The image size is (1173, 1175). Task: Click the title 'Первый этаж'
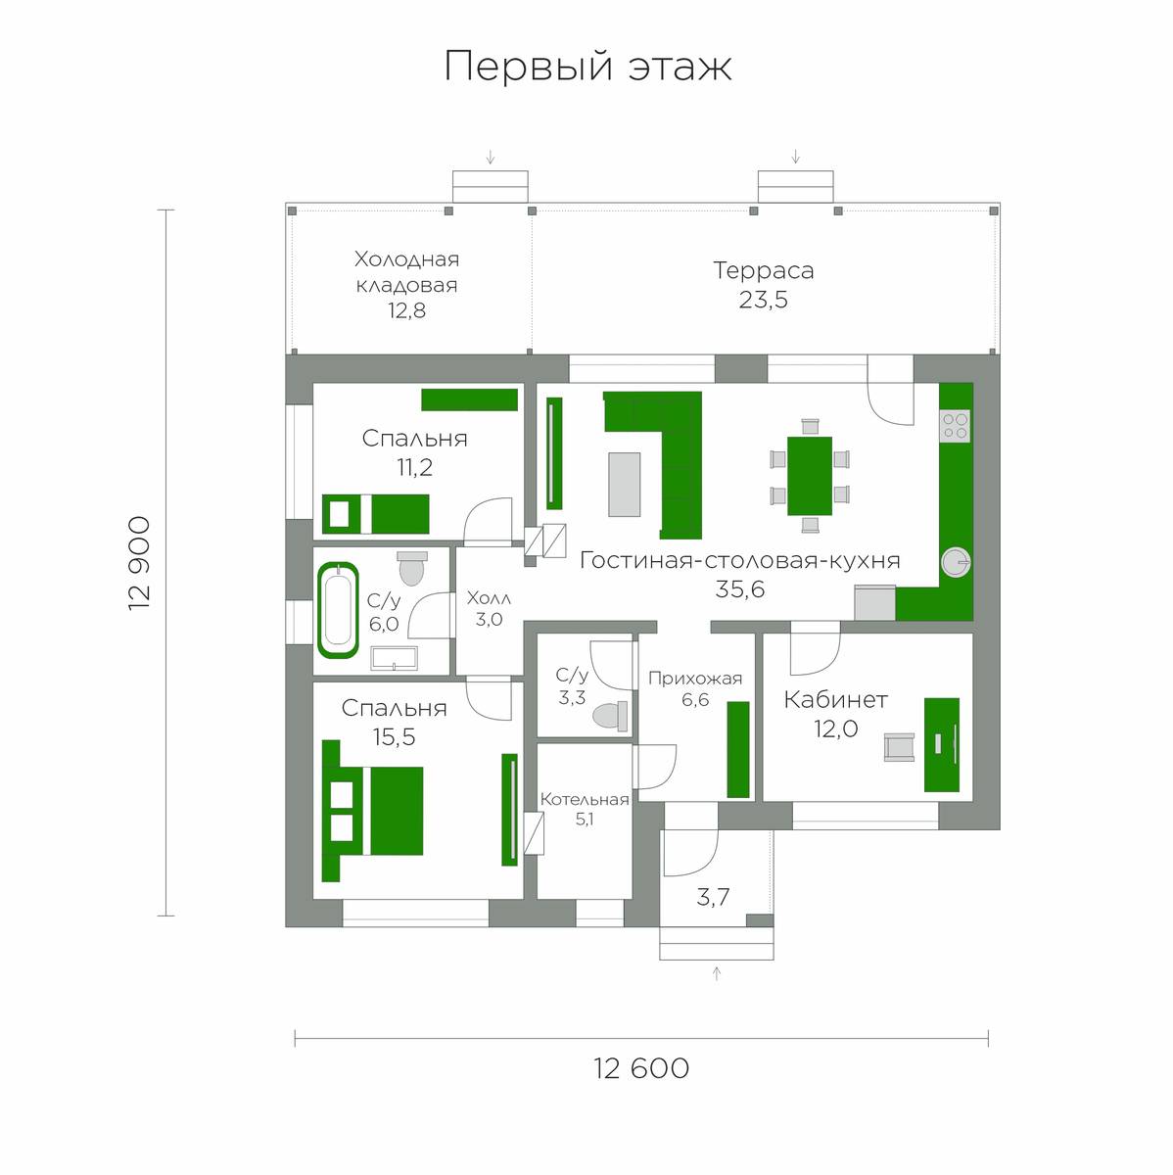(x=587, y=66)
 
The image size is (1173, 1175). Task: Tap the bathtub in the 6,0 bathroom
(x=338, y=610)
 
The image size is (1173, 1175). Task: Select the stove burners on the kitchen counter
(x=956, y=426)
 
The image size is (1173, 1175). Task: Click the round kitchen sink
(x=956, y=562)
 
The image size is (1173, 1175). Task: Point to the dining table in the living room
(x=810, y=476)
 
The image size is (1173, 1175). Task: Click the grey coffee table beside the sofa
(x=624, y=484)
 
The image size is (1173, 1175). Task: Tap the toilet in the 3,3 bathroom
(x=611, y=715)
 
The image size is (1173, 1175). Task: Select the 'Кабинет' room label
(x=835, y=699)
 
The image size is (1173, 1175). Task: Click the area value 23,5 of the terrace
(x=763, y=300)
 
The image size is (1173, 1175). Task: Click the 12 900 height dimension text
(x=140, y=563)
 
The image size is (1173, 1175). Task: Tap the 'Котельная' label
(x=585, y=799)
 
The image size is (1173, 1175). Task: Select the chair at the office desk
(x=900, y=747)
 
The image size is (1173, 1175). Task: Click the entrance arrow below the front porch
(x=717, y=972)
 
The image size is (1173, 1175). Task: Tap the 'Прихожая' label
(x=695, y=679)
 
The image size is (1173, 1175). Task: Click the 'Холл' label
(x=489, y=598)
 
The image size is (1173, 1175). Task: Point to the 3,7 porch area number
(x=713, y=897)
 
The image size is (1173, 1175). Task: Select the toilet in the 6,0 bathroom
(x=412, y=568)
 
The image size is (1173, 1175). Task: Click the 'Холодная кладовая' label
(x=407, y=272)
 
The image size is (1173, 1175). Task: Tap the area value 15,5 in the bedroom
(x=394, y=736)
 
